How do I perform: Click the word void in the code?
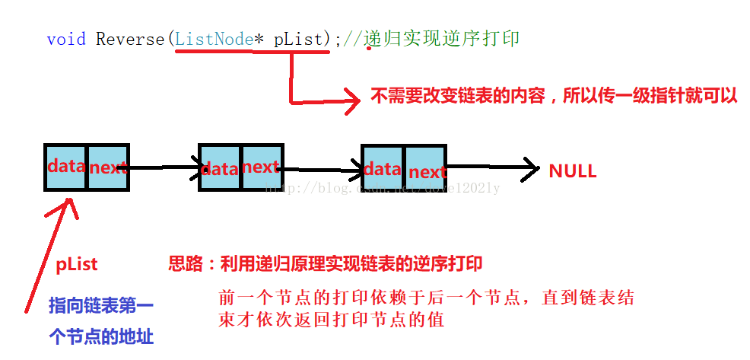(66, 39)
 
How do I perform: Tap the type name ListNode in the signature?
(213, 39)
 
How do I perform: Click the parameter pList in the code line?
(298, 39)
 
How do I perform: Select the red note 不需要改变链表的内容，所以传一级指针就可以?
(554, 97)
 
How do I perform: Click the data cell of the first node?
(65, 166)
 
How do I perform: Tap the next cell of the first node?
(107, 167)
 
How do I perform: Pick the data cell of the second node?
(221, 167)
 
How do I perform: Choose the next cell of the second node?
(262, 167)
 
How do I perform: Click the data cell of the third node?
(383, 169)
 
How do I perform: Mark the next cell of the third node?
(426, 171)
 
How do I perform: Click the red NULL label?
(572, 171)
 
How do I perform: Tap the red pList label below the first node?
(77, 265)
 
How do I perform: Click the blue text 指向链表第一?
(100, 306)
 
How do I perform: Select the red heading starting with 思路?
(325, 264)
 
